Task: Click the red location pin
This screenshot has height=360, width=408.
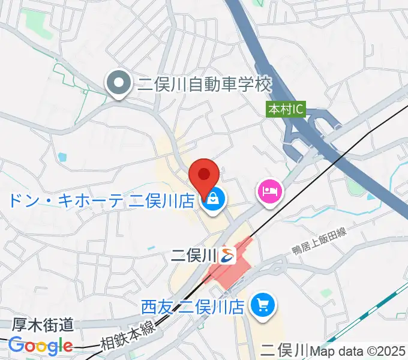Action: tap(203, 175)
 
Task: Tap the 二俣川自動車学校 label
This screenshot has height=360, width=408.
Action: tap(205, 85)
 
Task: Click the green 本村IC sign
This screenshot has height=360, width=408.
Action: tap(286, 110)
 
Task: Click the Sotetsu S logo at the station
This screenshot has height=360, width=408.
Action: tap(227, 256)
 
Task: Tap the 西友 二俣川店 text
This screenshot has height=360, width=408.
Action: tap(193, 307)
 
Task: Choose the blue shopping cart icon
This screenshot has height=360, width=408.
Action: tap(262, 306)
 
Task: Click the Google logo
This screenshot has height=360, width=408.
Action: tap(40, 346)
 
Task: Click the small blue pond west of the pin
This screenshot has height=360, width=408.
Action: tap(62, 158)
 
